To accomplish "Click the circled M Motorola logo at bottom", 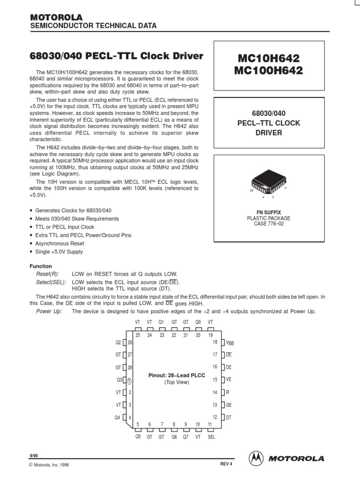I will pos(255,457).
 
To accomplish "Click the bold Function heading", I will pos(41,266).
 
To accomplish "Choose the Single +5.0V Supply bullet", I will pos(59,252).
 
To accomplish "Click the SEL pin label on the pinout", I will pos(211,436).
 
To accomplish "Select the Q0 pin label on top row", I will pos(198,322).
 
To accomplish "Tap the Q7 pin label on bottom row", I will pos(186,436).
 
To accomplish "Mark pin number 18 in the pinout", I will pos(215,343).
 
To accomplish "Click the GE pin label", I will pos(229,405).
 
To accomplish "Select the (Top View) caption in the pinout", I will pos(176,382).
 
